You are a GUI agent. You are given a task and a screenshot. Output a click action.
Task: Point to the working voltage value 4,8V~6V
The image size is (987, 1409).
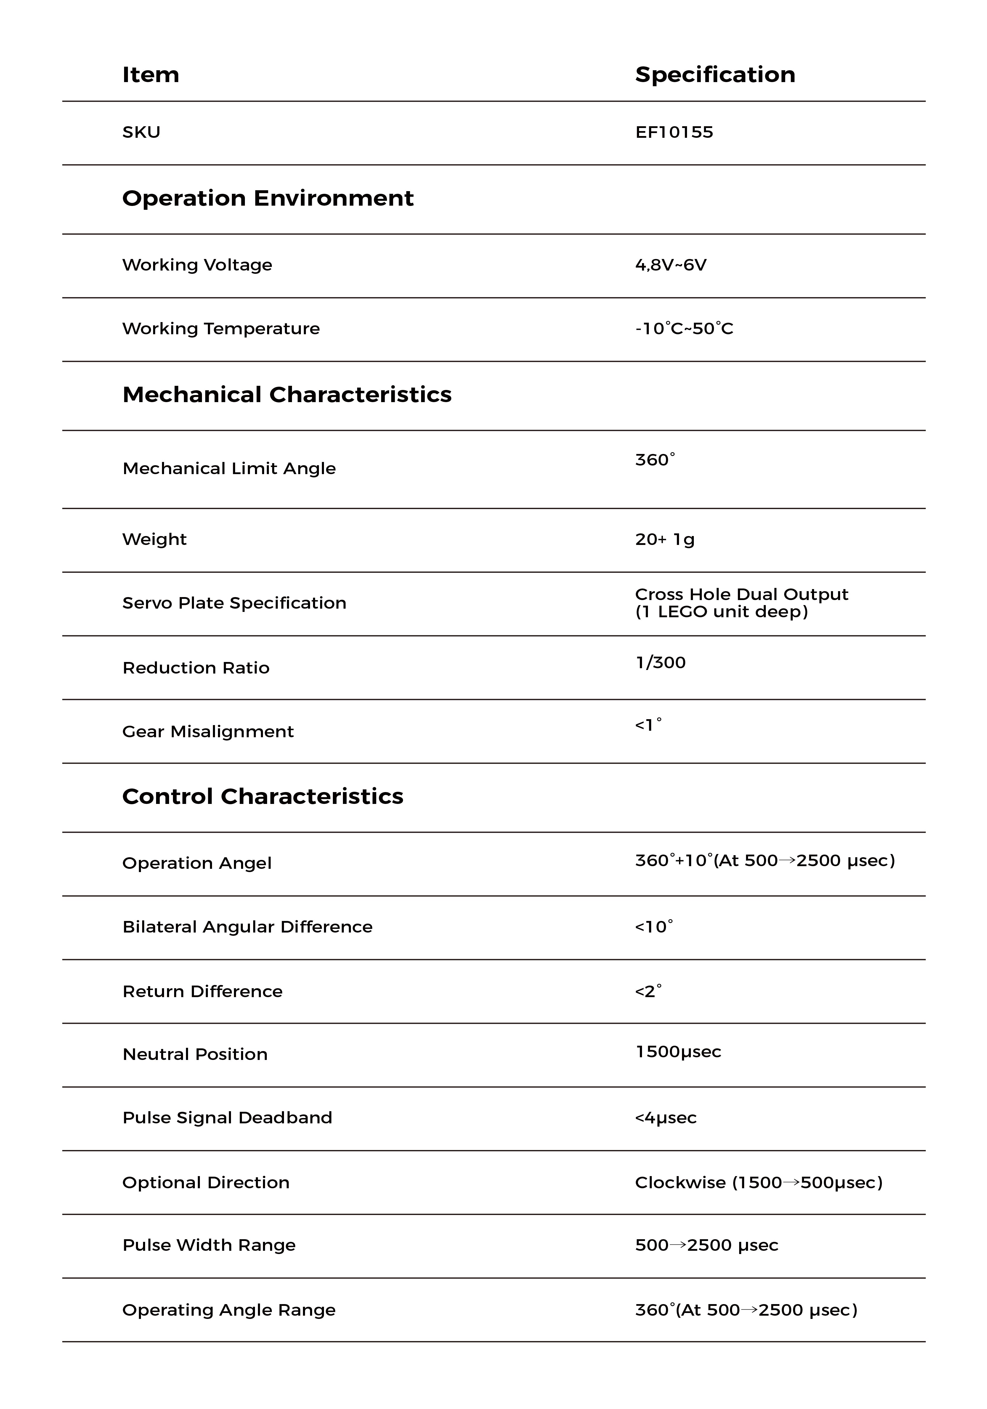point(670,265)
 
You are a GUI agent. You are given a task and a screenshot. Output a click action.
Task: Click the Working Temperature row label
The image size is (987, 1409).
point(221,329)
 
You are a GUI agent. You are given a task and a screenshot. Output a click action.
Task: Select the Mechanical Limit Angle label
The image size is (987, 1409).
point(229,469)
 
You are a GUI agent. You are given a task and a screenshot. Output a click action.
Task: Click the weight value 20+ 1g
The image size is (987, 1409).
point(664,539)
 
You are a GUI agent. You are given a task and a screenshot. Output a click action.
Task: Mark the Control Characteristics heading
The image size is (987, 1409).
point(263,797)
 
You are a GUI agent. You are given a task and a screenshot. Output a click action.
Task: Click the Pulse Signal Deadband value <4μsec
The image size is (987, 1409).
point(666,1118)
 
